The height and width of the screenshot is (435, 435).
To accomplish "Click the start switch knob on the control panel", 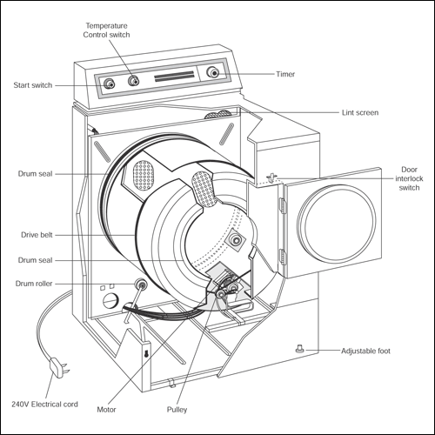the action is pyautogui.click(x=109, y=84).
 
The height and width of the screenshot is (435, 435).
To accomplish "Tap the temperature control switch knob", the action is pyautogui.click(x=133, y=81).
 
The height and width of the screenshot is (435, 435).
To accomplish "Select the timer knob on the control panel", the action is pyautogui.click(x=212, y=72).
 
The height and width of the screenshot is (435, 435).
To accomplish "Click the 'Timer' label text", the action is pyautogui.click(x=285, y=74).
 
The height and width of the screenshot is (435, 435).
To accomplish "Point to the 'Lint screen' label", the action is pyautogui.click(x=360, y=112).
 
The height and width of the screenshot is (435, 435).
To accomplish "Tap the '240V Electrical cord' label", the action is pyautogui.click(x=44, y=405).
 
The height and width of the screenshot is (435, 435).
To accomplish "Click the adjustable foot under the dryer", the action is pyautogui.click(x=300, y=348).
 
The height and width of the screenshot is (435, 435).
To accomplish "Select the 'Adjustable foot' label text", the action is pyautogui.click(x=365, y=351).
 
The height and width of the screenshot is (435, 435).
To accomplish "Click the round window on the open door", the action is pyautogui.click(x=337, y=223).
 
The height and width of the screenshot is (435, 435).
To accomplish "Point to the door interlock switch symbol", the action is pyautogui.click(x=271, y=177).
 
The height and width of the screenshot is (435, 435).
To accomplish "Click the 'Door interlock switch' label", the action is pyautogui.click(x=409, y=178).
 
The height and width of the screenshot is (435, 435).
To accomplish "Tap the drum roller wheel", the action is pyautogui.click(x=141, y=284).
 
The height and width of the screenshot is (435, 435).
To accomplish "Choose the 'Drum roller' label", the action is pyautogui.click(x=34, y=284).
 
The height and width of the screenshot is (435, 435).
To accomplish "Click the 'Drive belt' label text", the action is pyautogui.click(x=37, y=235).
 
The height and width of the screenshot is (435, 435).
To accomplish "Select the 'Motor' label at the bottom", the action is pyautogui.click(x=106, y=410).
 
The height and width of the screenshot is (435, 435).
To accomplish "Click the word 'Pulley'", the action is pyautogui.click(x=177, y=410).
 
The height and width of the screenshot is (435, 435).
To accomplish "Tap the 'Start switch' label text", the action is pyautogui.click(x=33, y=85).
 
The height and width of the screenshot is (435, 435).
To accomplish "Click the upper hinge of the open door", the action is pyautogui.click(x=282, y=205).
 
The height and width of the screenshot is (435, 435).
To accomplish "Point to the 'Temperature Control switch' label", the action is pyautogui.click(x=106, y=30).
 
